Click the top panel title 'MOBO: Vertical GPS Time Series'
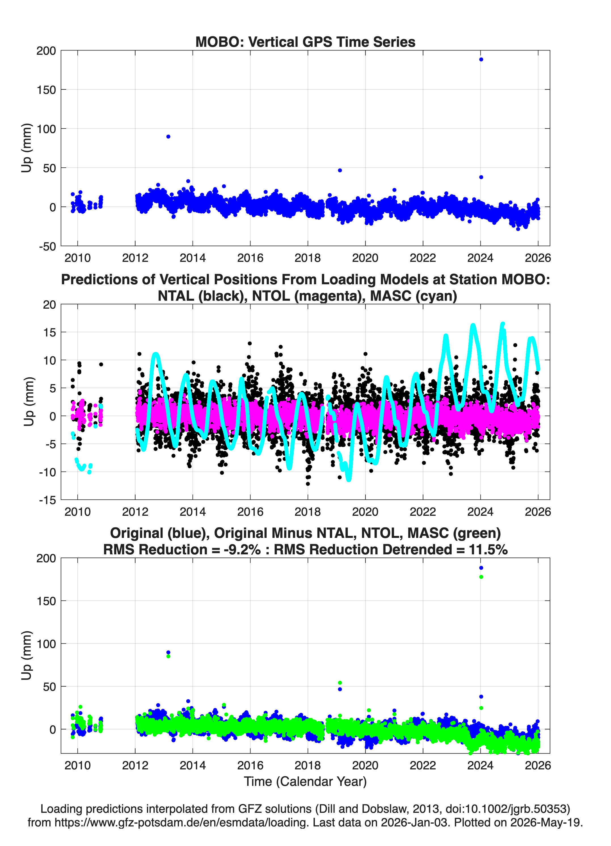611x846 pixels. [x=305, y=42]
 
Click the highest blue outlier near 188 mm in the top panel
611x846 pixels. [x=481, y=59]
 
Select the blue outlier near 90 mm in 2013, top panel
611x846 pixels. [x=168, y=136]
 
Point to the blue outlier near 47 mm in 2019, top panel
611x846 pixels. [x=340, y=171]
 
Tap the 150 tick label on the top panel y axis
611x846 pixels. [x=46, y=90]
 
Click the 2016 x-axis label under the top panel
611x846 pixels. [x=250, y=258]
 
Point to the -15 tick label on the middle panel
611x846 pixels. [x=47, y=500]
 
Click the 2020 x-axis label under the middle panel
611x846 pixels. [x=365, y=512]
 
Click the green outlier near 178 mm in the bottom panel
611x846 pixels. [x=481, y=577]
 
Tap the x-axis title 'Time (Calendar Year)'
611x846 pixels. [x=305, y=782]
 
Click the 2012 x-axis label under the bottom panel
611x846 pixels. [x=135, y=765]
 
